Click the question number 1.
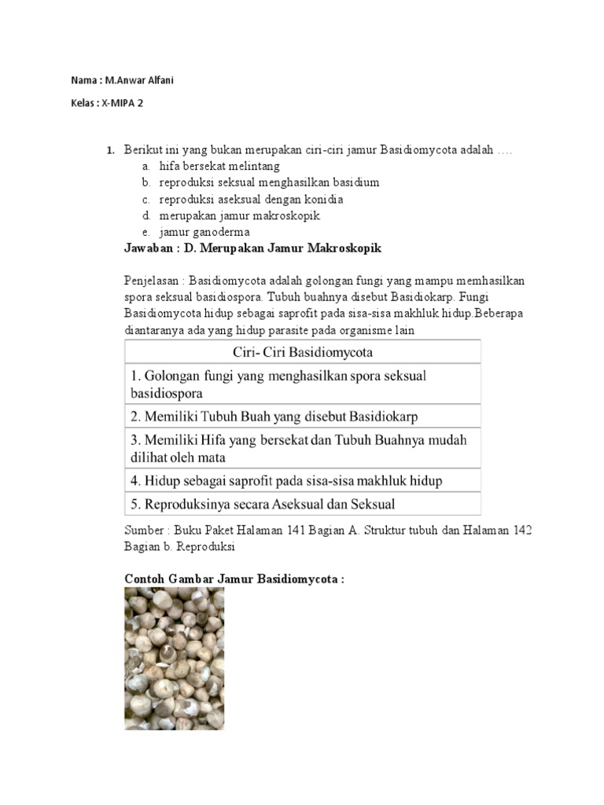(110, 150)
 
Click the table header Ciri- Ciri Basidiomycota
(302, 351)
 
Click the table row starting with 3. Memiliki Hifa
(298, 448)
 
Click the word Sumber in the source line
(144, 531)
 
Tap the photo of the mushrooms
(174, 659)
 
